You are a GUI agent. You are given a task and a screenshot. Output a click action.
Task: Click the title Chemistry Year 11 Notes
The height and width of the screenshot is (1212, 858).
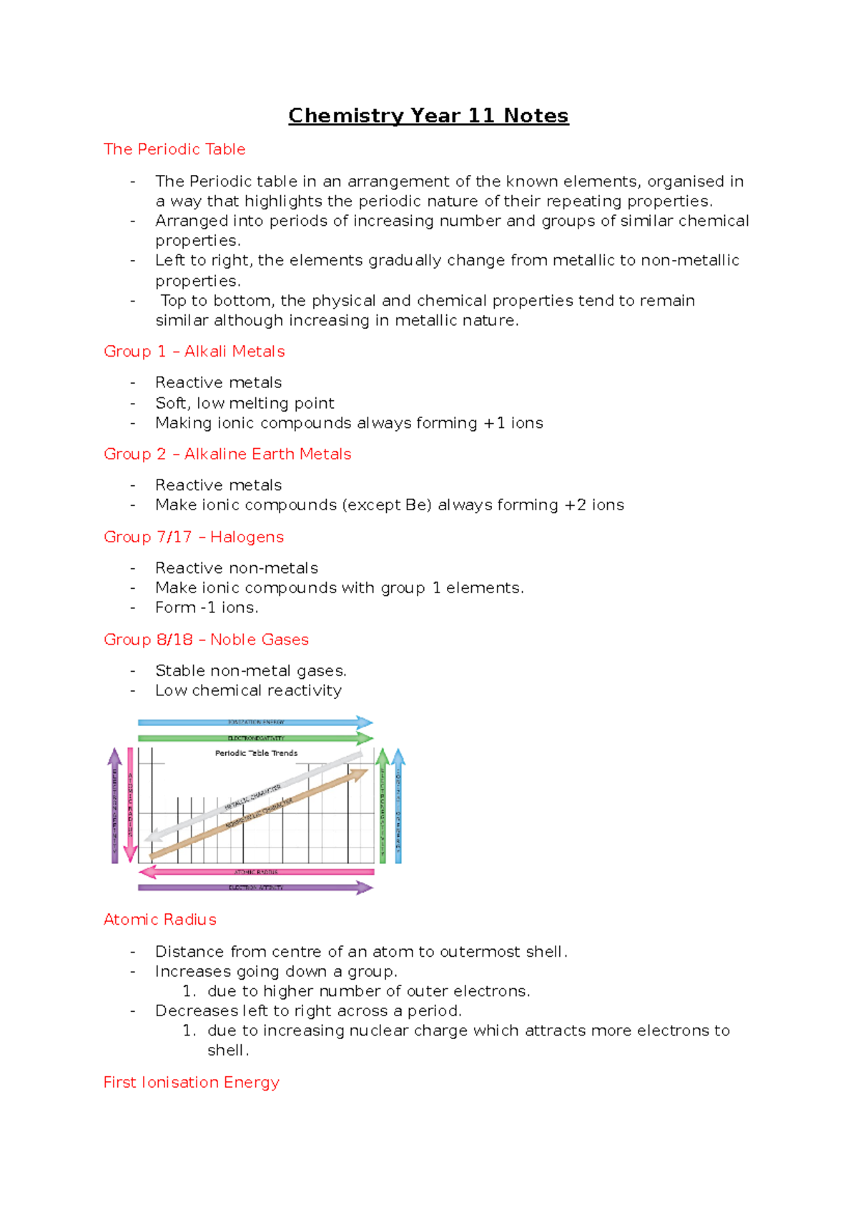coord(428,116)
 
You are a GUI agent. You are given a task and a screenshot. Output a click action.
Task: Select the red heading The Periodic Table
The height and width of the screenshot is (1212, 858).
coord(174,149)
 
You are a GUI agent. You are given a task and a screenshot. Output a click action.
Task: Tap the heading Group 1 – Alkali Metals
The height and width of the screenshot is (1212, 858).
coord(194,352)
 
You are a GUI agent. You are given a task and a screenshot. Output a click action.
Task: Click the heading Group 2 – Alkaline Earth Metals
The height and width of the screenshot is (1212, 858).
coord(227,454)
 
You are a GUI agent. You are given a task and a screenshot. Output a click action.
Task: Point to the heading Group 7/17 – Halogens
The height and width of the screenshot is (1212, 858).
coord(194,537)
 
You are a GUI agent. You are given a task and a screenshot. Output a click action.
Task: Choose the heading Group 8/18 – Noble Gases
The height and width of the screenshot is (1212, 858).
coord(206,640)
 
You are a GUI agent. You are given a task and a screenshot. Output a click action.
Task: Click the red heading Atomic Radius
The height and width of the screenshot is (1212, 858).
coord(159,920)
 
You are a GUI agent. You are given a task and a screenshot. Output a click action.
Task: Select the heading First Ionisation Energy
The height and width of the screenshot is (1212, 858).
coord(191,1083)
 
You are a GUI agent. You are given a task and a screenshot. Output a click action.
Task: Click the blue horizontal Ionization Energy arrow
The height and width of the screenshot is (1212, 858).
coord(255,722)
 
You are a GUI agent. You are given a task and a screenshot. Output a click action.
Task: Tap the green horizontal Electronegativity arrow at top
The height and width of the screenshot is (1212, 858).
coord(255,737)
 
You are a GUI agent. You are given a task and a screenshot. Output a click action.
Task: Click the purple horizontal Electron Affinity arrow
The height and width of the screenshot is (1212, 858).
coord(255,888)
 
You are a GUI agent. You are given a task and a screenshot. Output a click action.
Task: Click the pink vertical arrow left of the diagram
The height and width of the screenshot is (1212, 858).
coord(130,804)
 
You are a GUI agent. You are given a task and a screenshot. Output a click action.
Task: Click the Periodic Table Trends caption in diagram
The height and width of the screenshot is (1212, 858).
coord(256,753)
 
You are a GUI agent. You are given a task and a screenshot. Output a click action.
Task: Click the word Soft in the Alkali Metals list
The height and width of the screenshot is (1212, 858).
coord(170,403)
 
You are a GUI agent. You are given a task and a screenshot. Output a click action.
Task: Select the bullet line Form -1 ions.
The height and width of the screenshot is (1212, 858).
coord(207,608)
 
